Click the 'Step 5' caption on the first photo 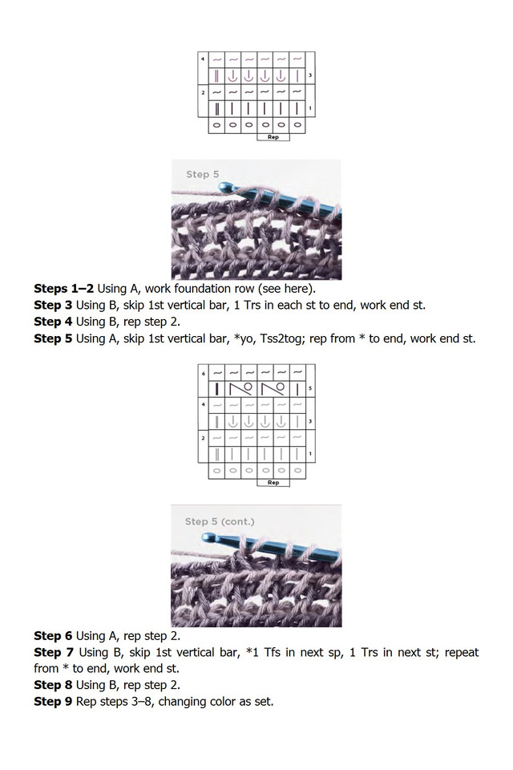click(202, 174)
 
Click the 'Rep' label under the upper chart click(273, 136)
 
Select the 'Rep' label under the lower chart click(273, 483)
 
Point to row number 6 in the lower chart click(203, 373)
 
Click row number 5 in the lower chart click(310, 388)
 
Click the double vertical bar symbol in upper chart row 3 click(216, 76)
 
